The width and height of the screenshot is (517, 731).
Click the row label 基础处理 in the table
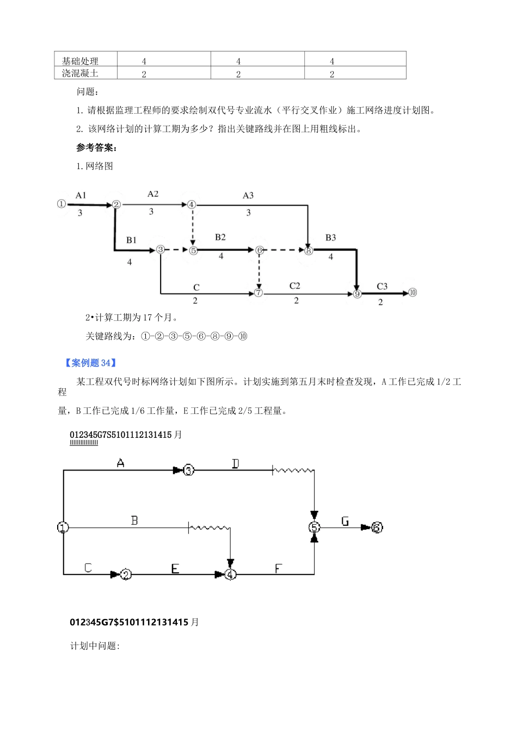click(x=80, y=60)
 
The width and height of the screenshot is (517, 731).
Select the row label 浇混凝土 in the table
click(x=80, y=73)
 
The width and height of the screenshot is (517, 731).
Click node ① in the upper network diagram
click(x=61, y=204)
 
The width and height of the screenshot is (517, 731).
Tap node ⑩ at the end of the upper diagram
click(x=413, y=293)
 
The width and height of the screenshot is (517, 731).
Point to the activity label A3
click(x=248, y=195)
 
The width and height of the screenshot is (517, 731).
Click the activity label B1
click(x=131, y=240)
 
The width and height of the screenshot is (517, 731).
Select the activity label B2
click(x=220, y=237)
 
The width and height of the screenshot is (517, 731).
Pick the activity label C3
click(x=382, y=286)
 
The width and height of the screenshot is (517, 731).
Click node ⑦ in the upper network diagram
click(x=258, y=293)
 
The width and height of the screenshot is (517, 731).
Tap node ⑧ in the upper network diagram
click(x=309, y=251)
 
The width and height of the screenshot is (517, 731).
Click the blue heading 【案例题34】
click(x=90, y=363)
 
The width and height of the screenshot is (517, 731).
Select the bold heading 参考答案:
click(x=97, y=147)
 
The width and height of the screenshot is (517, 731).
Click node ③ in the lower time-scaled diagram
click(x=188, y=470)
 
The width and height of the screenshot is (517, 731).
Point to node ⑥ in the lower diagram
click(x=377, y=527)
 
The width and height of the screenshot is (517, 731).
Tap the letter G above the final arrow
click(x=345, y=521)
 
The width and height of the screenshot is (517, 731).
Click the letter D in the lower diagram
click(x=235, y=463)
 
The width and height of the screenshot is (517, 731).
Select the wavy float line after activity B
click(x=210, y=527)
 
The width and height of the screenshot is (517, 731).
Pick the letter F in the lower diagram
click(x=278, y=568)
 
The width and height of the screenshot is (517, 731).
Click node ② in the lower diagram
click(x=126, y=574)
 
